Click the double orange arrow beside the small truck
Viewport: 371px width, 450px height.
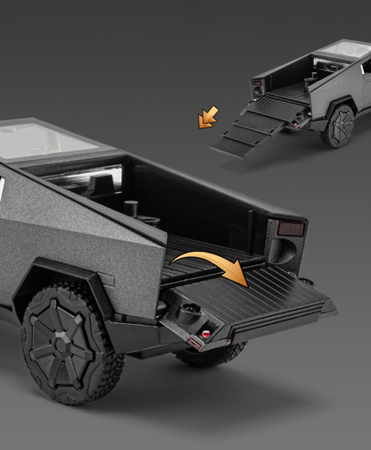(208, 116)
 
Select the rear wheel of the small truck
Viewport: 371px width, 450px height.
(340, 125)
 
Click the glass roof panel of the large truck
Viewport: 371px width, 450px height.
(40, 141)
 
